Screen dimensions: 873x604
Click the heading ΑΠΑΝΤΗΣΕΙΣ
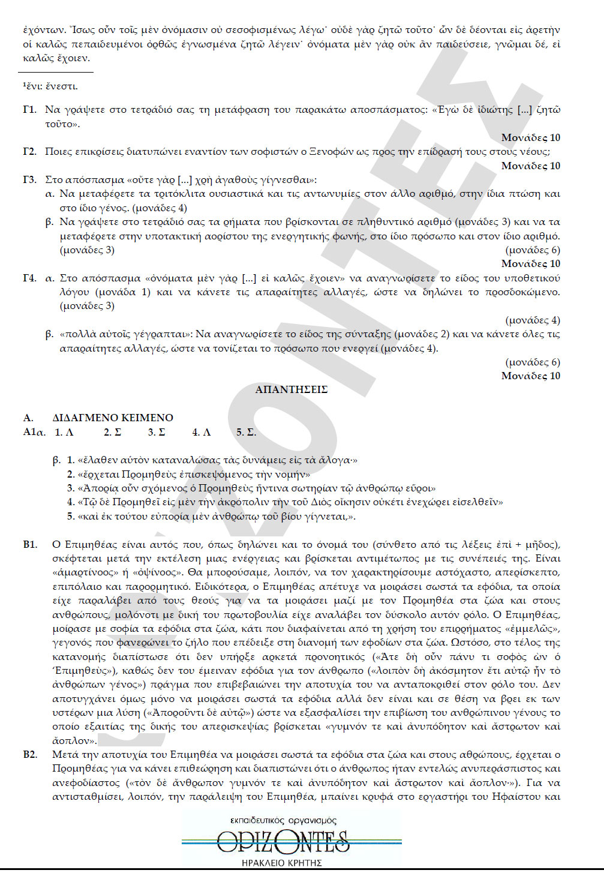(291, 390)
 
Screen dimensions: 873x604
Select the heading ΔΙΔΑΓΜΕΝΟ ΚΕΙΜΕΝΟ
(113, 418)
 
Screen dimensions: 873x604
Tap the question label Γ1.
(30, 110)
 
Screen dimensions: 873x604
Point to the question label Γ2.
(30, 152)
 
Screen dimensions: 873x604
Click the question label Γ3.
(30, 180)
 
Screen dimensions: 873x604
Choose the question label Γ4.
(30, 278)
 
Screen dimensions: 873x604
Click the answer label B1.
(30, 545)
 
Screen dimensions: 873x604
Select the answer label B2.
(30, 755)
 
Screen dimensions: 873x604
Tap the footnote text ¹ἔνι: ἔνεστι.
(50, 86)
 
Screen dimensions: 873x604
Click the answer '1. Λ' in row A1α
(64, 432)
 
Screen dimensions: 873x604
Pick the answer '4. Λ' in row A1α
(202, 432)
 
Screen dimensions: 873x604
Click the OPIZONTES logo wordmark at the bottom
(283, 842)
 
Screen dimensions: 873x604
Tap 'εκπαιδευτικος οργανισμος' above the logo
(283, 820)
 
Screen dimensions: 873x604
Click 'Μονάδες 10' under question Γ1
(531, 138)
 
